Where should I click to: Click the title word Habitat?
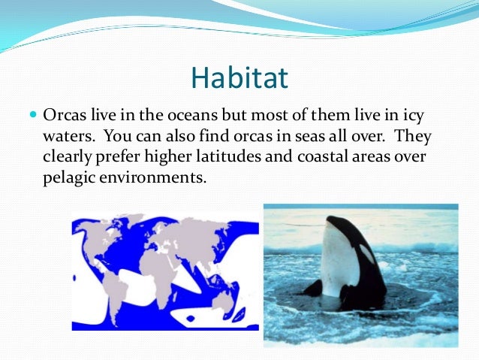(x=239, y=77)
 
